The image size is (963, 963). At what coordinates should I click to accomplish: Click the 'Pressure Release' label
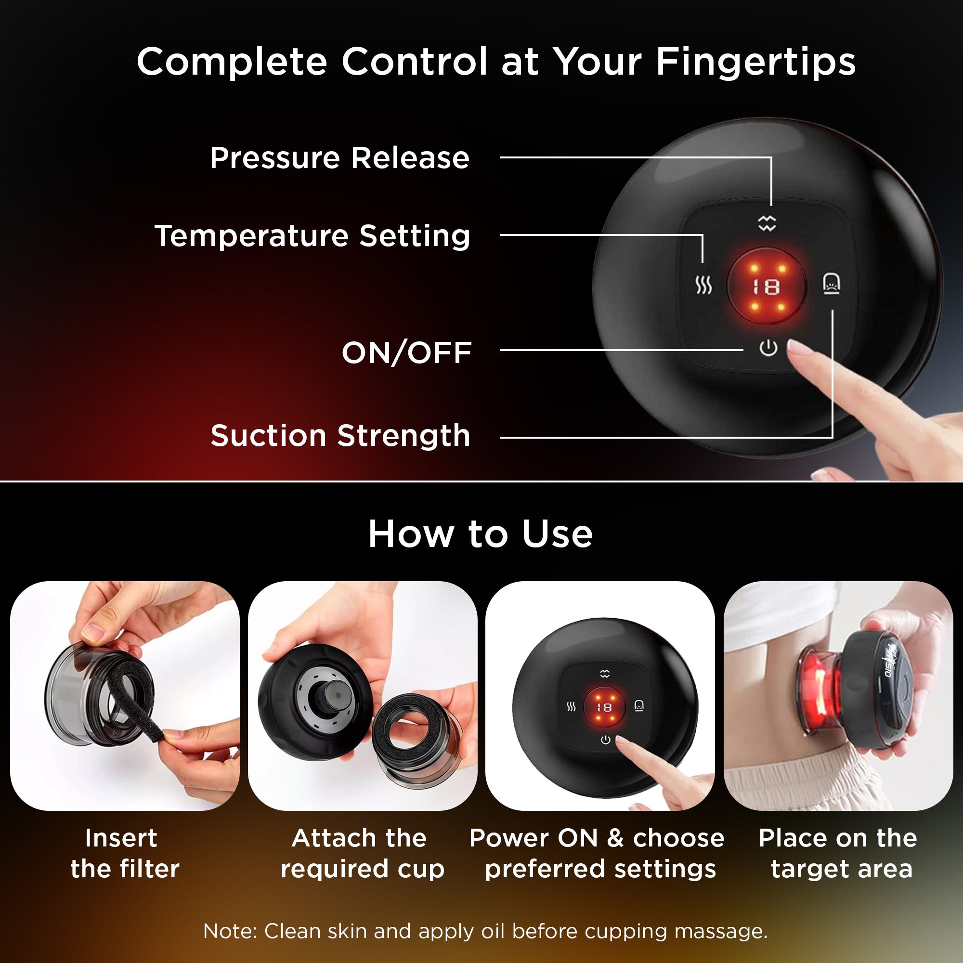339,158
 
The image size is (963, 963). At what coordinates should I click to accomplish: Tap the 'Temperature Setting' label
312,236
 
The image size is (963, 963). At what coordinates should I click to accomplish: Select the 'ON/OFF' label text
407,353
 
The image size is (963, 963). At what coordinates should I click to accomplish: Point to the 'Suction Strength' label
340,436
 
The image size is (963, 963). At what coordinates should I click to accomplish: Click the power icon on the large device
768,348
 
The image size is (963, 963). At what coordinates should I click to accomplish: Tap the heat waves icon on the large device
703,286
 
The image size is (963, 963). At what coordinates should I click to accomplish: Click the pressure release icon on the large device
767,223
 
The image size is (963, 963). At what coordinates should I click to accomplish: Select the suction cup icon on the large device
831,284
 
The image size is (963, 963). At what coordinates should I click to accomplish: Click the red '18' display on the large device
766,287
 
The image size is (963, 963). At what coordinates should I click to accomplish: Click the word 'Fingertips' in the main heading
755,62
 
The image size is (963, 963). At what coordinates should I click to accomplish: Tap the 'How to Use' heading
481,534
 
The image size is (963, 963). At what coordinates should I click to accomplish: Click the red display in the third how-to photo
604,707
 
